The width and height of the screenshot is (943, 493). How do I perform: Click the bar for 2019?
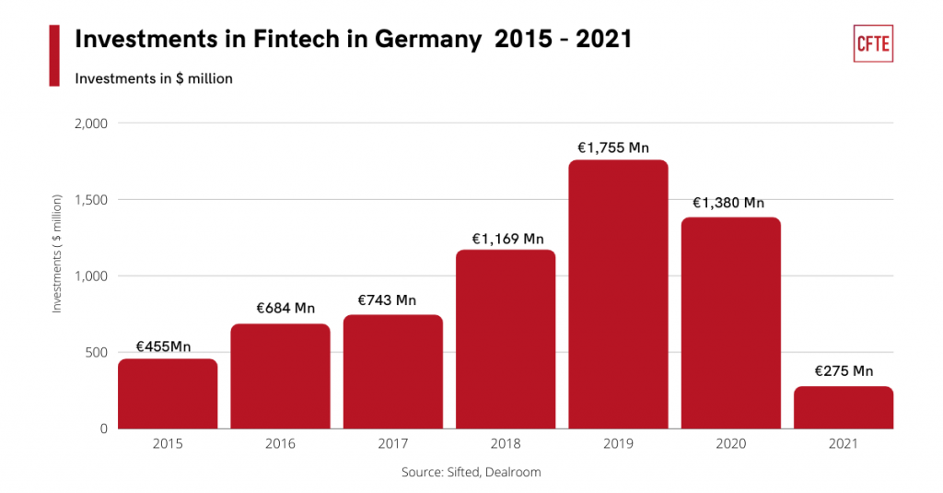click(618, 294)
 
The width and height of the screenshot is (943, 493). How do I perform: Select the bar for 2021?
click(844, 407)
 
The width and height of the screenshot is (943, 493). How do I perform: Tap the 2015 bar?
click(168, 393)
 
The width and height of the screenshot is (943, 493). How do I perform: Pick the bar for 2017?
click(393, 371)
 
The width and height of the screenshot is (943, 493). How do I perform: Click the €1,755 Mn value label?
click(618, 147)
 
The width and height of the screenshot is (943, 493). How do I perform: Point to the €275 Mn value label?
click(844, 371)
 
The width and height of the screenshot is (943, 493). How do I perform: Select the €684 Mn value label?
click(280, 308)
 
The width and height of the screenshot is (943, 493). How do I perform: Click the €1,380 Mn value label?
click(731, 203)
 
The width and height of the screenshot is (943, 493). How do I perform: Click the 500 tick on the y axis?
click(97, 352)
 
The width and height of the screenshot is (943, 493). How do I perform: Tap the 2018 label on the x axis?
click(506, 444)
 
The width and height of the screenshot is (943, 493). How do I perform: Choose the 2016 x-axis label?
click(280, 444)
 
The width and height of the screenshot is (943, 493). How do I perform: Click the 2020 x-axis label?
click(731, 444)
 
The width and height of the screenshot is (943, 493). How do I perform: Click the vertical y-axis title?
click(57, 253)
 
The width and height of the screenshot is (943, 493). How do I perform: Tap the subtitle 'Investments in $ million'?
click(154, 79)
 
